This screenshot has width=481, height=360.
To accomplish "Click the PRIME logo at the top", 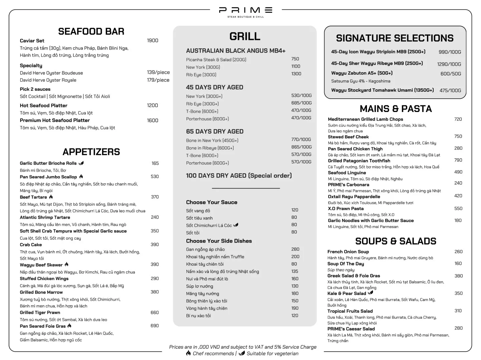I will pos(246,11).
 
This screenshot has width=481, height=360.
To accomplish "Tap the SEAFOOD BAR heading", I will pos(91,32).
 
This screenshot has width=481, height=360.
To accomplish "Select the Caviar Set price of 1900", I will pos(152,41).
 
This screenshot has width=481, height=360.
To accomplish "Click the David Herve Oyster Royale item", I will pos(48,80).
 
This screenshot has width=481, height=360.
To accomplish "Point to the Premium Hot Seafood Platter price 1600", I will pos(152,121).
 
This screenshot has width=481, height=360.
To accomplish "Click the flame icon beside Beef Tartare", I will pos(51,197).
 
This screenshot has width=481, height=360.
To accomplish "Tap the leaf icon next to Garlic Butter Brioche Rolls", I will pos(81,163).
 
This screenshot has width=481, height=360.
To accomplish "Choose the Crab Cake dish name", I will pos(31,245).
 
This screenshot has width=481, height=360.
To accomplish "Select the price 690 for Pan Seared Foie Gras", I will pos(154,326).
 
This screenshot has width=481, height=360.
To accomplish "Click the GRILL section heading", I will pos(245,37).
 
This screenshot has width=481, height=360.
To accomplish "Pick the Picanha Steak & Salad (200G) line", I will pos(216,60).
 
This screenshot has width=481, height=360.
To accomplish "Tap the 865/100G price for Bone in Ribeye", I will pos(301,147).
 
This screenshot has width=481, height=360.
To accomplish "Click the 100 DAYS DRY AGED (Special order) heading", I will pos(239,176).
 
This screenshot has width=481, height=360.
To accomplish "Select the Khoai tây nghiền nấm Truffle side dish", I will pos(215,257).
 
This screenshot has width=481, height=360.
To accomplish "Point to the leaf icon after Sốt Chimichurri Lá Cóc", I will pos(236,225).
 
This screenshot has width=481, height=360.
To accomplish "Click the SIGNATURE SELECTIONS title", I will pos(395,38).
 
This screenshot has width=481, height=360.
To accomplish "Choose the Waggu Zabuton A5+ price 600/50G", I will pos(451,74).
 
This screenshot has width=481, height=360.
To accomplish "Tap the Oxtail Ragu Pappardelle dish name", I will pos(354,197).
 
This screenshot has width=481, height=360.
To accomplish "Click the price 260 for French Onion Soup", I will pos(458,252).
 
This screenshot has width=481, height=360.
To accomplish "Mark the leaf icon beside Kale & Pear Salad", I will pos(370,293).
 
